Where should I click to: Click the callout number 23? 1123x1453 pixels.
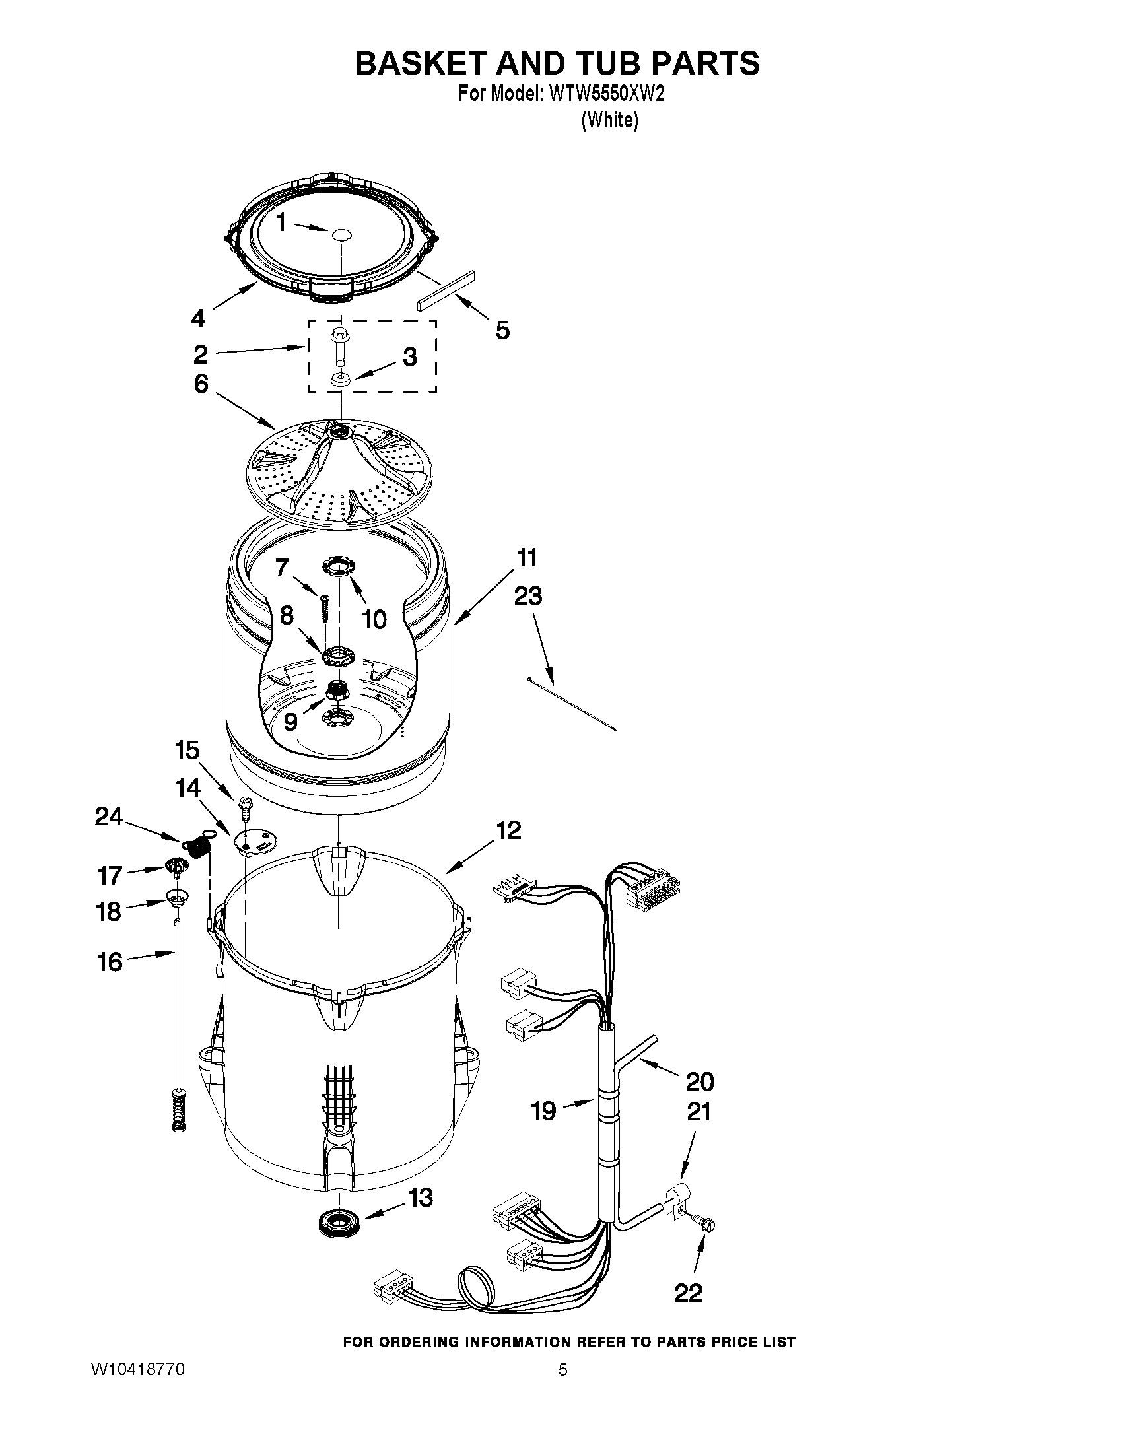click(527, 596)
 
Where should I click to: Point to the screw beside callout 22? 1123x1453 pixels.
click(704, 1221)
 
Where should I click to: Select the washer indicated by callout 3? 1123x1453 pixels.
click(340, 379)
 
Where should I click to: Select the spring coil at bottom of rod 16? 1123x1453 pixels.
click(178, 1111)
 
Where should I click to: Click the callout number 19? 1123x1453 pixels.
click(543, 1110)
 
